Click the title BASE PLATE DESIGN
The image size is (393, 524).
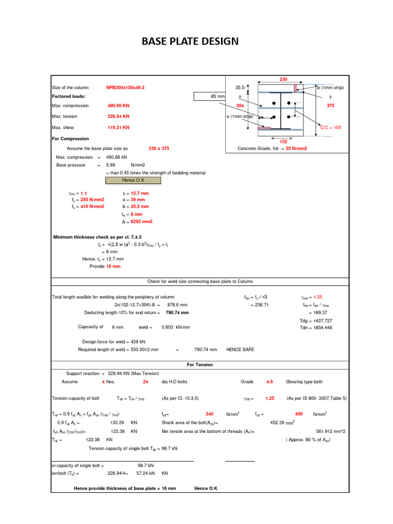pyautogui.click(x=190, y=41)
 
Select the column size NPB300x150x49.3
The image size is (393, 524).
pyautogui.click(x=125, y=88)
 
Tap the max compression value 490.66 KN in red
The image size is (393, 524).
pyautogui.click(x=118, y=105)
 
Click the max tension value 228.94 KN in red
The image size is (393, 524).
pyautogui.click(x=118, y=117)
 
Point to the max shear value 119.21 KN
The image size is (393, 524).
pyautogui.click(x=118, y=127)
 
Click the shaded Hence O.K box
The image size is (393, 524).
pyautogui.click(x=133, y=180)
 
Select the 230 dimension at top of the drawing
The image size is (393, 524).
pyautogui.click(x=283, y=79)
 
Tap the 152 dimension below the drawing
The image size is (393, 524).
pyautogui.click(x=283, y=142)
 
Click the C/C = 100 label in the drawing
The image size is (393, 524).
pyautogui.click(x=331, y=127)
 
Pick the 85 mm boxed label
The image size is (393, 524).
pyautogui.click(x=210, y=97)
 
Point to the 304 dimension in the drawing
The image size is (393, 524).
pyautogui.click(x=239, y=105)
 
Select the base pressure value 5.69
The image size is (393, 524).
pyautogui.click(x=111, y=165)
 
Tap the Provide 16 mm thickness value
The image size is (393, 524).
pyautogui.click(x=113, y=267)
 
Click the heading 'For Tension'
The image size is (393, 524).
pyautogui.click(x=200, y=365)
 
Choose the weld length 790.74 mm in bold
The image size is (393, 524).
pyautogui.click(x=177, y=313)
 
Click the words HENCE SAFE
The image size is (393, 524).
pyautogui.click(x=240, y=350)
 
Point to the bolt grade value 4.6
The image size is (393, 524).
pyautogui.click(x=270, y=382)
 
